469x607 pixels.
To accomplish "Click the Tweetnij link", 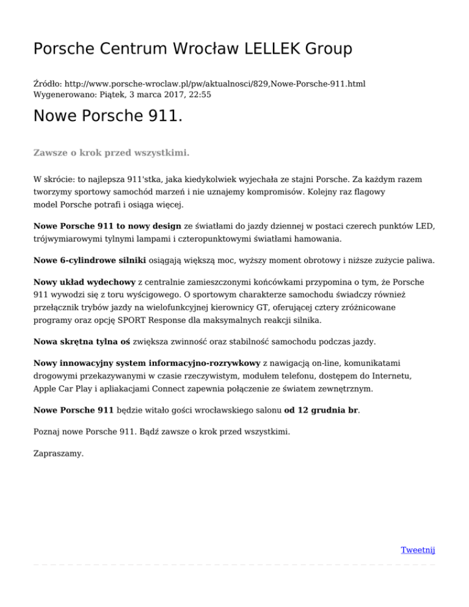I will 418,550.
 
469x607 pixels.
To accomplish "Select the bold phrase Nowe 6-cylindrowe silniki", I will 89,260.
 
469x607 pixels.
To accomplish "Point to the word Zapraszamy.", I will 59,454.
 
